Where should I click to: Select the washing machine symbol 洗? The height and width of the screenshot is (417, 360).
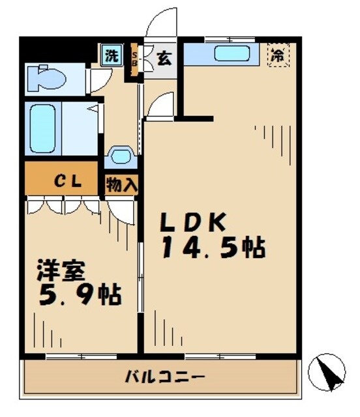[x=112, y=55]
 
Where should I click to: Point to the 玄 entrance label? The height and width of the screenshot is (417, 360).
[x=163, y=59]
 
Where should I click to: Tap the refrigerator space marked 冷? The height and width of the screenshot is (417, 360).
[x=278, y=55]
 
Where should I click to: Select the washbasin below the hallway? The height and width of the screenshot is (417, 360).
[x=121, y=157]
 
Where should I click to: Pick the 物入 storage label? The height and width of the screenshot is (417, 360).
[x=121, y=184]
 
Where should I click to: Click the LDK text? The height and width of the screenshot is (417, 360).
[x=194, y=223]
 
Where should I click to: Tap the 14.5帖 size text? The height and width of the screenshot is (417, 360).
[x=213, y=248]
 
